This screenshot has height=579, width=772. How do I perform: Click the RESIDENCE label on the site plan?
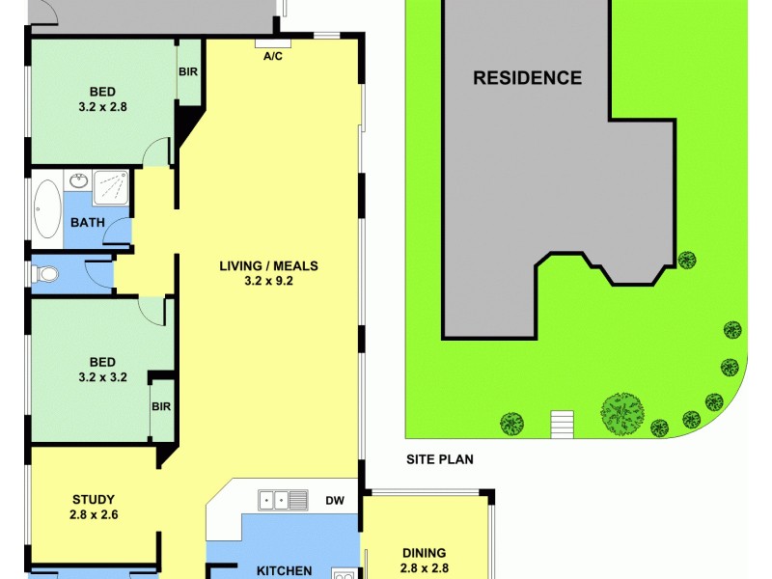[x=527, y=78]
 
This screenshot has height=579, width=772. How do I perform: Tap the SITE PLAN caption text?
[x=439, y=460]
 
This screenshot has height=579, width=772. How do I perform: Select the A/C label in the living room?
[x=273, y=56]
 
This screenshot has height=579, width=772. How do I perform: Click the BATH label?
[x=87, y=223]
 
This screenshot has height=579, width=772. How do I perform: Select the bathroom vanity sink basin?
[x=79, y=180]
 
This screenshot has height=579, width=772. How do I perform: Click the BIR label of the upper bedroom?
[x=188, y=72]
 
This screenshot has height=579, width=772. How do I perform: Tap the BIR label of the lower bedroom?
[x=161, y=407]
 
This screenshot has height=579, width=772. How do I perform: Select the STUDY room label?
[x=94, y=499]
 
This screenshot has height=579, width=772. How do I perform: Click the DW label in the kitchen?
[x=335, y=500]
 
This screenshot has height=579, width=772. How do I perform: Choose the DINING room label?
[x=426, y=553]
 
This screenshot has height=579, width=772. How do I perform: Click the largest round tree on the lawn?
[x=621, y=413]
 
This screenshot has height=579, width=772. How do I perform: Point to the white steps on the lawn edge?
[x=562, y=423]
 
